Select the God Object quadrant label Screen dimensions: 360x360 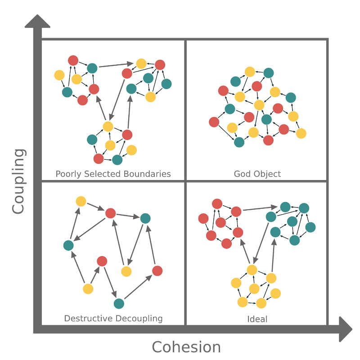pyautogui.click(x=257, y=174)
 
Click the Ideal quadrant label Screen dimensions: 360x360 pyautogui.click(x=257, y=319)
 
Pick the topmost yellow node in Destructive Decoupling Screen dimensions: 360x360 pyautogui.click(x=81, y=201)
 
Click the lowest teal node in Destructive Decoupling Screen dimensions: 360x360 pyautogui.click(x=118, y=304)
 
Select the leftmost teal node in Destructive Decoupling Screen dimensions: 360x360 pyautogui.click(x=68, y=245)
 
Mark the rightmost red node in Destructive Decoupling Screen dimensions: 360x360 pyautogui.click(x=157, y=270)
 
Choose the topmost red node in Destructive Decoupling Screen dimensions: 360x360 pyautogui.click(x=111, y=212)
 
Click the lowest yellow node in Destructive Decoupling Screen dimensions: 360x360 pyautogui.click(x=88, y=289)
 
